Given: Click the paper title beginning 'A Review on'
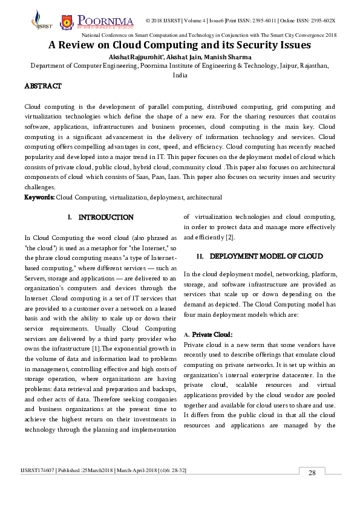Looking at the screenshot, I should click(180, 45).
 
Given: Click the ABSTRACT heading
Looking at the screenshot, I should click(42, 86).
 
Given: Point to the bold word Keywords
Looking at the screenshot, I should click(39, 197).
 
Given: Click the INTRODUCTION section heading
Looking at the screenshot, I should click(106, 217).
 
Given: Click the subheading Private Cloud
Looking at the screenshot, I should click(212, 334).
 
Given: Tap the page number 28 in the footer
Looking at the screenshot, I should click(312, 473).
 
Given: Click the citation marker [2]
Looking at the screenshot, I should click(222, 237).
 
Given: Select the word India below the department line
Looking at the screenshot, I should click(180, 76).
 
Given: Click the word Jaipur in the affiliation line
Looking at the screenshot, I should click(291, 66).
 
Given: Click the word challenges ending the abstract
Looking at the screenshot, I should click(39, 187).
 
